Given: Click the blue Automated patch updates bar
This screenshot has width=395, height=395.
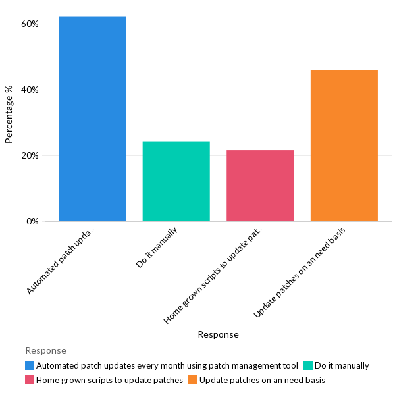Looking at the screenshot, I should click(92, 119).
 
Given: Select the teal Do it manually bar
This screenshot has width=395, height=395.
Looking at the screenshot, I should click(176, 181).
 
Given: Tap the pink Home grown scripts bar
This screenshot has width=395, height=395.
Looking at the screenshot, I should click(260, 186).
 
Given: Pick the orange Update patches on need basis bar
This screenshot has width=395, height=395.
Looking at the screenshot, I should click(344, 145).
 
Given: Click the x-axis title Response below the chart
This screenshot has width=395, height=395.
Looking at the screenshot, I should click(218, 334).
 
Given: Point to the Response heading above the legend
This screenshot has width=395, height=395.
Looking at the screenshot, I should click(45, 350).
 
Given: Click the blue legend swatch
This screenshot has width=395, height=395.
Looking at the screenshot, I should click(30, 365).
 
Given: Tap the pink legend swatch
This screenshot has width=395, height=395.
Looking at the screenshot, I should click(30, 380).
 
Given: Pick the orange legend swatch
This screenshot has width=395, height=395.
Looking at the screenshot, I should click(193, 380).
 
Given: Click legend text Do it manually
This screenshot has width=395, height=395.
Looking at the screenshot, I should click(342, 365).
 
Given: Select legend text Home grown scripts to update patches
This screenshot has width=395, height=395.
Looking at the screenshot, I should click(109, 380).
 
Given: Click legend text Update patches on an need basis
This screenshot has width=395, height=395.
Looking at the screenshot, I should click(262, 380).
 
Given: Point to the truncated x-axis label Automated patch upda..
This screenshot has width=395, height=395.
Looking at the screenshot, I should click(63, 259).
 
